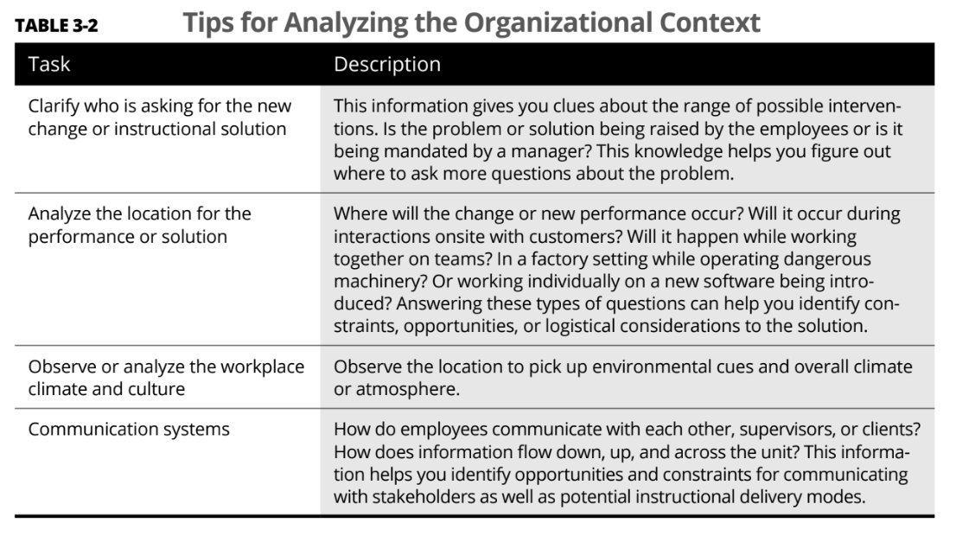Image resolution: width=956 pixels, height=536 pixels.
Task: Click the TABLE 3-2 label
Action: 56,25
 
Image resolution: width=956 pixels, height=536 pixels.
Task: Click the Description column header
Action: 386,65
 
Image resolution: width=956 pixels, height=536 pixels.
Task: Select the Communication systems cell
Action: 129,428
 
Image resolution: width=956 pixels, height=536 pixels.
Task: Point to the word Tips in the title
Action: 210,22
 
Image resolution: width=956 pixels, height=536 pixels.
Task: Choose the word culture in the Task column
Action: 156,389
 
